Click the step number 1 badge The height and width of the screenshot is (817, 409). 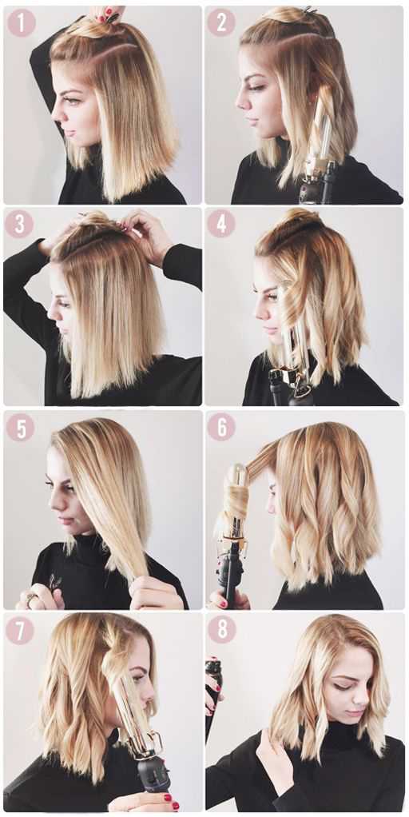21,22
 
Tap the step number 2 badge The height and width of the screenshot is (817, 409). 221,22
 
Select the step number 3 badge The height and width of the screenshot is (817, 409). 20,224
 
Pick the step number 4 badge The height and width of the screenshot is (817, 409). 221,224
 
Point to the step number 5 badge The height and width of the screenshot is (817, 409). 20,427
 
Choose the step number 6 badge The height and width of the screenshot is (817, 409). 221,427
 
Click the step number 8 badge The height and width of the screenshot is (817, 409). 222,629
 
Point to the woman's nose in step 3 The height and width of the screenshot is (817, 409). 51,313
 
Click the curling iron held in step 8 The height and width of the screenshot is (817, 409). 213,693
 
